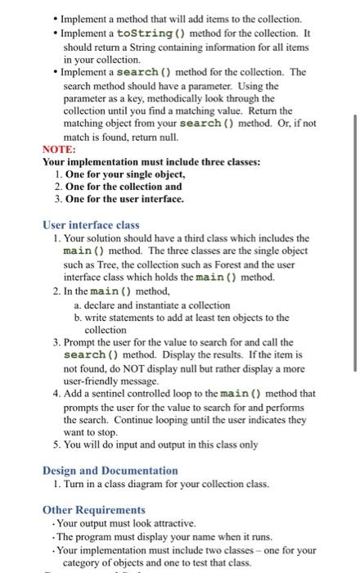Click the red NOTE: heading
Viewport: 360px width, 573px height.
58,151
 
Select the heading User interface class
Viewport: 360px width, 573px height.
91,225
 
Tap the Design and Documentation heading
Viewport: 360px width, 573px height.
110,471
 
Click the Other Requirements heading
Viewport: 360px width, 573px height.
93,510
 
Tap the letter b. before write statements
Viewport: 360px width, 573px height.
78,317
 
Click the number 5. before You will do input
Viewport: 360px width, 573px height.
56,445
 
